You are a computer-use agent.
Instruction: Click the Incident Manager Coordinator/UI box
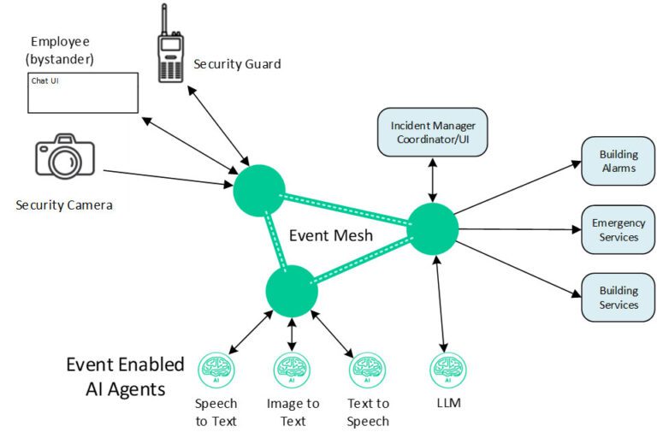coord(432,132)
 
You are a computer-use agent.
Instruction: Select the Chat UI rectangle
coord(83,92)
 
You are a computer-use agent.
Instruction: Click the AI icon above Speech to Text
coord(216,370)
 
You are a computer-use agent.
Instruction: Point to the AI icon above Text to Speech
coord(368,370)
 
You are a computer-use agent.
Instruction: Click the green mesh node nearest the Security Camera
coord(259,190)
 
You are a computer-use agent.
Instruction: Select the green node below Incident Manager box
coord(432,228)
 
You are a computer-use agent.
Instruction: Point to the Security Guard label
coord(237,64)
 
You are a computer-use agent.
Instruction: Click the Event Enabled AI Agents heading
coord(125,376)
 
